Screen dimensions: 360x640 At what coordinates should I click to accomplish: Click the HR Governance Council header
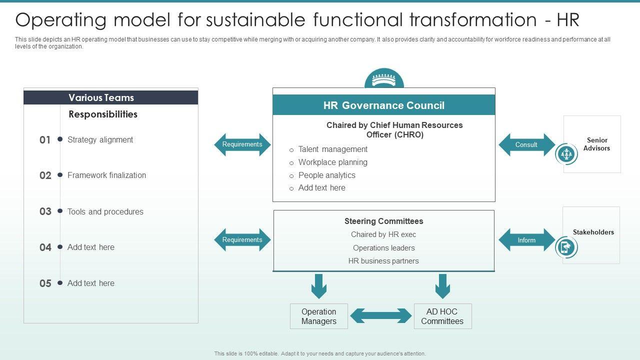[x=383, y=105]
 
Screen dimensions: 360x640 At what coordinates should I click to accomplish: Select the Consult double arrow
[x=526, y=145]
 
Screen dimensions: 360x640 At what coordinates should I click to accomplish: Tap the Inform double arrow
[x=526, y=240]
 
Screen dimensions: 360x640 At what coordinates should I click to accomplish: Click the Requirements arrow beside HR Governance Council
[x=242, y=144]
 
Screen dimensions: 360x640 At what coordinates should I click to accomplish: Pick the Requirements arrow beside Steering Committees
[x=242, y=240]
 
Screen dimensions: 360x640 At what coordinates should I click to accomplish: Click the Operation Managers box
[x=319, y=316]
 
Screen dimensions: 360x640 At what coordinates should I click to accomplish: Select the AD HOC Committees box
[x=442, y=316]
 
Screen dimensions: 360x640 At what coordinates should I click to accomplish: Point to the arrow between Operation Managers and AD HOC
[x=381, y=316]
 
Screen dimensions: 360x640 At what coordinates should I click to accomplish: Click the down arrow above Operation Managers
[x=319, y=286]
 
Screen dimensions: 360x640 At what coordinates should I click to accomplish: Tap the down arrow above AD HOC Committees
[x=442, y=286]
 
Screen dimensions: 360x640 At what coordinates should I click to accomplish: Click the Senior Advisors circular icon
[x=566, y=154]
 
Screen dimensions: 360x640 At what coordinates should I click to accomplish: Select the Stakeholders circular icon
[x=566, y=247]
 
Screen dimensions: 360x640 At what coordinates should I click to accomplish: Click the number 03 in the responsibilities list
[x=45, y=211]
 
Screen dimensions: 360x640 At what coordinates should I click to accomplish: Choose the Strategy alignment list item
[x=100, y=140]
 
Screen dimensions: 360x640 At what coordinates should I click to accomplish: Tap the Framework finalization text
[x=106, y=175]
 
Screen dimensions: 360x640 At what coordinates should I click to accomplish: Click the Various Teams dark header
[x=111, y=97]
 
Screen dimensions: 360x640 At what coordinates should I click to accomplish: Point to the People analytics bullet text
[x=326, y=175]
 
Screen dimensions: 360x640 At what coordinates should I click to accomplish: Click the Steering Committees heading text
[x=383, y=221]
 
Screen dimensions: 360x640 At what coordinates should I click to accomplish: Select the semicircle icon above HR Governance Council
[x=384, y=79]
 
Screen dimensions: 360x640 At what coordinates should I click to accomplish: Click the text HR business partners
[x=383, y=261]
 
